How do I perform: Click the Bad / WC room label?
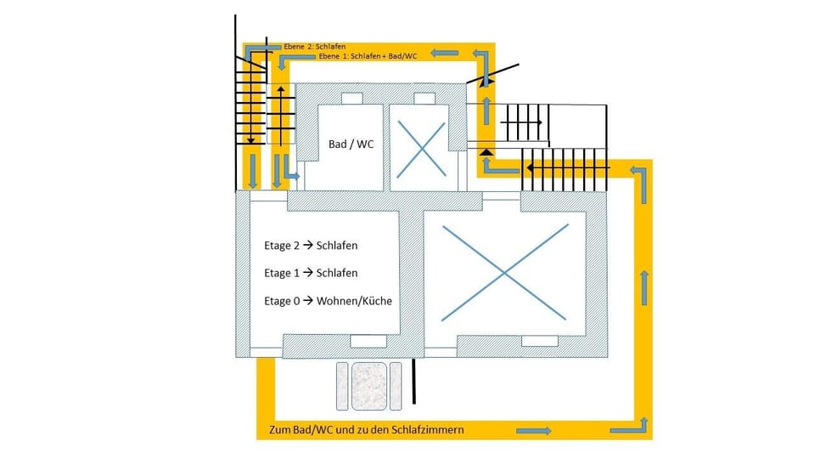[x=351, y=144]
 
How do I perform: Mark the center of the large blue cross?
[x=504, y=272]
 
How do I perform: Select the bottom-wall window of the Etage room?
[x=368, y=341]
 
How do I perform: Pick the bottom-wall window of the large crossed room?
[x=539, y=341]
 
